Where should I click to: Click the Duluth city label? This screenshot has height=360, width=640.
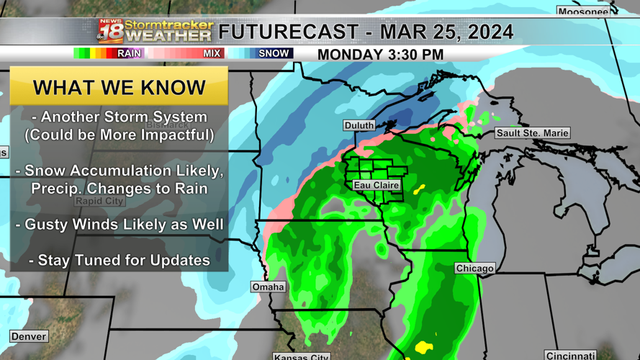tap(359, 125)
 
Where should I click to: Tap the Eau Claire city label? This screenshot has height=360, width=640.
tap(376, 186)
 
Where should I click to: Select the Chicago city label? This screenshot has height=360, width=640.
tap(474, 269)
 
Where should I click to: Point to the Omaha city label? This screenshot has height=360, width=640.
tap(268, 287)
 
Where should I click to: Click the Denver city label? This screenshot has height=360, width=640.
tap(29, 336)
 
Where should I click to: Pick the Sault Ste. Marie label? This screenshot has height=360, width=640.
tap(532, 133)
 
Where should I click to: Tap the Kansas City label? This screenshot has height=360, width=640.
tap(302, 356)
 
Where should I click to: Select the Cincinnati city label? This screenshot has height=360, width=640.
tap(570, 356)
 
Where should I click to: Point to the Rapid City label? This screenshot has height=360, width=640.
tap(99, 202)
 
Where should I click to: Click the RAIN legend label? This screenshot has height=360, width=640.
tap(130, 53)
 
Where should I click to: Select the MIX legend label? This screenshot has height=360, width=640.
tap(212, 53)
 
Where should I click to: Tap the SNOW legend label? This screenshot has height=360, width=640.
tap(274, 53)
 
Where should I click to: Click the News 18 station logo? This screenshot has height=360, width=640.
tap(111, 32)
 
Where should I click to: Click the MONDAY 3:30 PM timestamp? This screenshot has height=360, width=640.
tap(380, 55)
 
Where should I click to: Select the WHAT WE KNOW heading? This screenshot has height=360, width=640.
tap(120, 87)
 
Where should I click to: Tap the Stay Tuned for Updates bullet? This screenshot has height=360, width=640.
tap(120, 260)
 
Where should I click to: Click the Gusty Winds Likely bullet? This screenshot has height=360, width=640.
tap(120, 225)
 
